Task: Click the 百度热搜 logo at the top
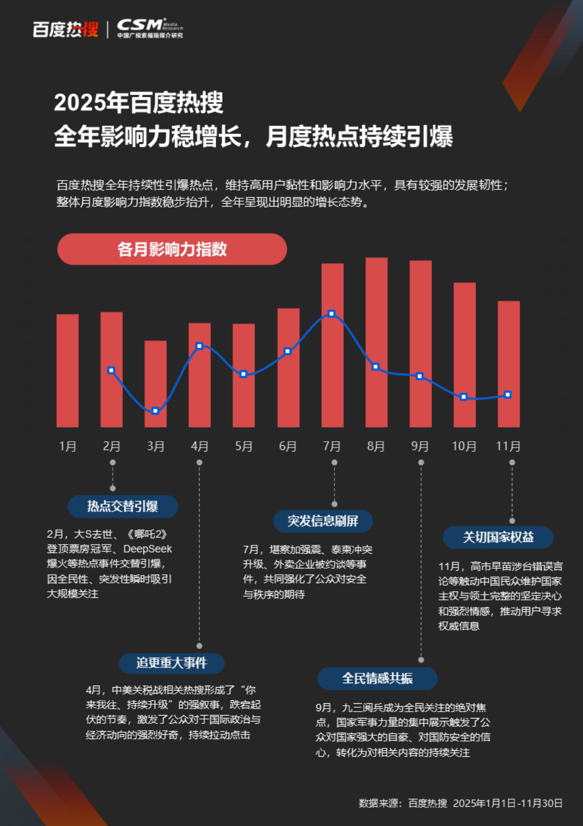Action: pyautogui.click(x=65, y=29)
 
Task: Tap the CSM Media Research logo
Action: pyautogui.click(x=150, y=28)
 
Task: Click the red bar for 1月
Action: pyautogui.click(x=68, y=371)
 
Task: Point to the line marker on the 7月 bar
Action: pyautogui.click(x=331, y=314)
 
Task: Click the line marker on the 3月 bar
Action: pyautogui.click(x=155, y=411)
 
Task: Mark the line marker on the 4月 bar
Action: pyautogui.click(x=199, y=346)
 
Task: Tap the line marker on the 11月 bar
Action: pyautogui.click(x=508, y=395)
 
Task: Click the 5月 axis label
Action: pyautogui.click(x=244, y=446)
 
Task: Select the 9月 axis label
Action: pyautogui.click(x=420, y=446)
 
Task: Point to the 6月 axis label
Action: pyautogui.click(x=288, y=446)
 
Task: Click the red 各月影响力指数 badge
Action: pyautogui.click(x=172, y=249)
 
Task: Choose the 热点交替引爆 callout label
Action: pyautogui.click(x=123, y=506)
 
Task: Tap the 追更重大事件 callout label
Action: pyautogui.click(x=172, y=663)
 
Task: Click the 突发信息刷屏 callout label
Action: pyautogui.click(x=323, y=521)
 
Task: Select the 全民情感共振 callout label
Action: pyautogui.click(x=377, y=679)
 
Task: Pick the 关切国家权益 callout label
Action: pyautogui.click(x=498, y=537)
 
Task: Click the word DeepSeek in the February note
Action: pyautogui.click(x=148, y=549)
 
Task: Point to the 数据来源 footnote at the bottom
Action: pyautogui.click(x=460, y=803)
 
